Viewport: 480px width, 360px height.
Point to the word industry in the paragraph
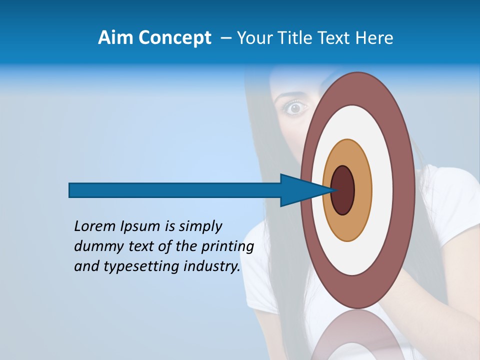pyautogui.click(x=212, y=267)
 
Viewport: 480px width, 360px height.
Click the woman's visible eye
pyautogui.click(x=295, y=107)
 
